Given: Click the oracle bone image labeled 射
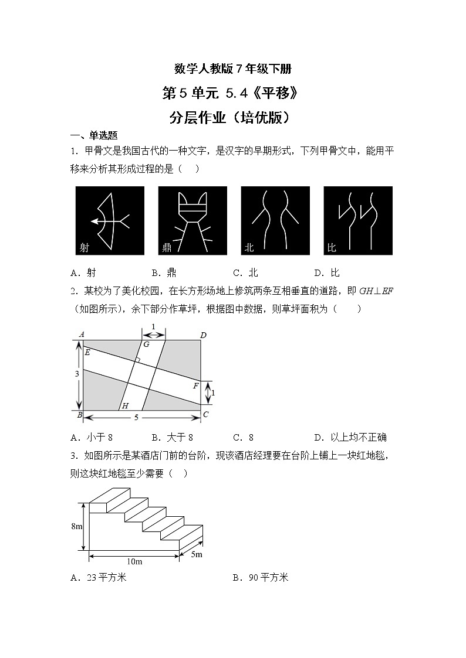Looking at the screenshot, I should pyautogui.click(x=110, y=221).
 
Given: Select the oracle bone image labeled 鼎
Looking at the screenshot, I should pyautogui.click(x=193, y=221).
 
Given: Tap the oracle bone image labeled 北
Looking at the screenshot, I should pyautogui.click(x=275, y=221).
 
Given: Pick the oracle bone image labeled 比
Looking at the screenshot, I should pyautogui.click(x=358, y=221).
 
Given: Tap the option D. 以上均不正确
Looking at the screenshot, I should pyautogui.click(x=350, y=437).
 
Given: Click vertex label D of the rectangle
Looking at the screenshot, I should pyautogui.click(x=203, y=335).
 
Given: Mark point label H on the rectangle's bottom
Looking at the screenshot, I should pyautogui.click(x=124, y=405).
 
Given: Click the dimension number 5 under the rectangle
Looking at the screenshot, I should pyautogui.click(x=137, y=418).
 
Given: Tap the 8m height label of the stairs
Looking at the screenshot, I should pyautogui.click(x=76, y=526).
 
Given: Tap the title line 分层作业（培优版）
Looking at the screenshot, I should pyautogui.click(x=232, y=117).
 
